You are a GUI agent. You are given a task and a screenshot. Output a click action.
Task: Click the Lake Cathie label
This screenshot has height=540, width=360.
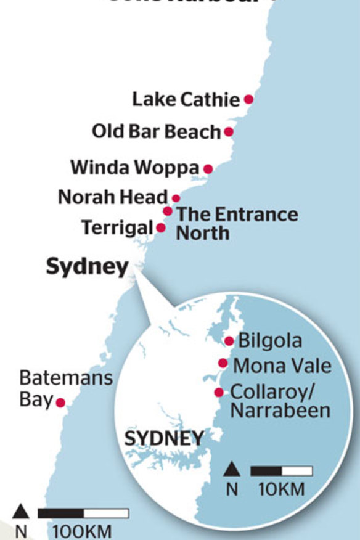185,99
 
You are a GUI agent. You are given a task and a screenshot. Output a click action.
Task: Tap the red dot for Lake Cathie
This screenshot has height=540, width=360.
248,99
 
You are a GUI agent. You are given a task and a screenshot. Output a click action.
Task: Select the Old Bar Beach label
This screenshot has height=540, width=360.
156,131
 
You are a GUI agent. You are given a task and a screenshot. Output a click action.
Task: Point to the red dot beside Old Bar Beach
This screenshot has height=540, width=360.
229,131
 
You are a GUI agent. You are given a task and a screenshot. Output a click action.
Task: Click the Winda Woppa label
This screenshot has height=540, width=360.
135,167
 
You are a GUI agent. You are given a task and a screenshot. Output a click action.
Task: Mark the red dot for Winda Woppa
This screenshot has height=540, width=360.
208,168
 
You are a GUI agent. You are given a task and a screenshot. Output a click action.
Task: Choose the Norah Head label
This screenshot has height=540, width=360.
113,197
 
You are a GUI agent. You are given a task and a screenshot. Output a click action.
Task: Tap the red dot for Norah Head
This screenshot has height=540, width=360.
176,198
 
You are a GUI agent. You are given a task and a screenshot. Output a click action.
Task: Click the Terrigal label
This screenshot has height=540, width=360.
117,227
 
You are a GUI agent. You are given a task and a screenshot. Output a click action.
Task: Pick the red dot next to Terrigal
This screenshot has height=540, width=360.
161,227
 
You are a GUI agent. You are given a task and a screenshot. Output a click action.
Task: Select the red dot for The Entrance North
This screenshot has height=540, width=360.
168,211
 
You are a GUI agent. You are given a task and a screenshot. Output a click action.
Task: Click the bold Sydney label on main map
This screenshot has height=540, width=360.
88,267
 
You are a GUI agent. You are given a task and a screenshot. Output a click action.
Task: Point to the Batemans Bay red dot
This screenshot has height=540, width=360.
60,403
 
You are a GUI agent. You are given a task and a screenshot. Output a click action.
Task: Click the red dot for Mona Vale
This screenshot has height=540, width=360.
223,363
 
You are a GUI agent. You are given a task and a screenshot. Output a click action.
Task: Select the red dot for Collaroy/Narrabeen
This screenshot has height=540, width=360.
218,392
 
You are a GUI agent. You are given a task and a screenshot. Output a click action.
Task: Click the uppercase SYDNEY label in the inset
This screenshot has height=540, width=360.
163,439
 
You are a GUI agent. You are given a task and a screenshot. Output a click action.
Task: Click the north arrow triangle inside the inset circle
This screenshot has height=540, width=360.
231,471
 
